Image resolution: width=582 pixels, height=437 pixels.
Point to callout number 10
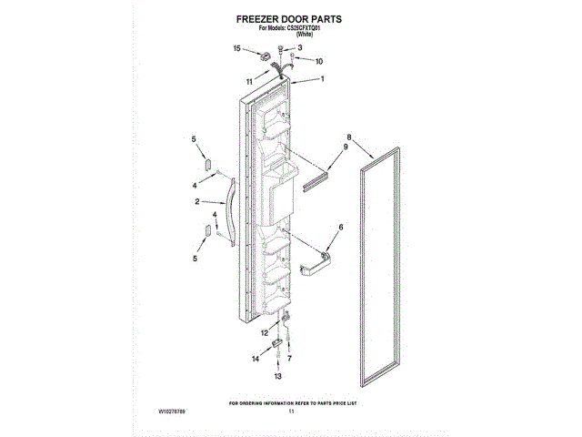pyautogui.click(x=319, y=62)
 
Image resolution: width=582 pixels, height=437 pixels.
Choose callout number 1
pyautogui.click(x=321, y=79)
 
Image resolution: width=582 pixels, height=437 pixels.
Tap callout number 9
pyautogui.click(x=346, y=147)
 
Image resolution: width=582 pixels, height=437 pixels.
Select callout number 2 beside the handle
pyautogui.click(x=197, y=202)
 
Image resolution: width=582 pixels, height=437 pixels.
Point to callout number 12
pyautogui.click(x=264, y=333)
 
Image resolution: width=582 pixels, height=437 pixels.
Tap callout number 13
pyautogui.click(x=278, y=375)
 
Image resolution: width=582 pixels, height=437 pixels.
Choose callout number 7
pyautogui.click(x=290, y=359)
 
